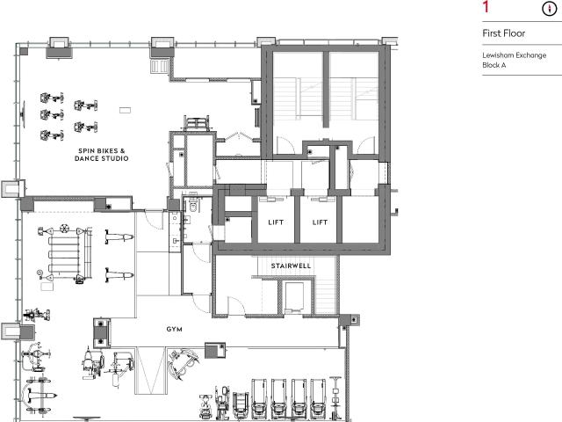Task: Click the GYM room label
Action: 174,329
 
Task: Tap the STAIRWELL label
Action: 291,266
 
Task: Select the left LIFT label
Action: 276,222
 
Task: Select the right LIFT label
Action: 320,222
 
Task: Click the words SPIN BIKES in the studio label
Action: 98,150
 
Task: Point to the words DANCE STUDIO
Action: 102,158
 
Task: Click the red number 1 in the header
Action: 486,7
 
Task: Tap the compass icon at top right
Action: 548,9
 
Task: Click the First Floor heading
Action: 503,33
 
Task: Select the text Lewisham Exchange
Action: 515,55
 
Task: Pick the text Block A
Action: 494,65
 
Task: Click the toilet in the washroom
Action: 193,206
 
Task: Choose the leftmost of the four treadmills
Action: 259,398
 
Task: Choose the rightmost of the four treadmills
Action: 318,398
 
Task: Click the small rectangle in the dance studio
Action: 125,110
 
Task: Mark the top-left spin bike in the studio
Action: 52,98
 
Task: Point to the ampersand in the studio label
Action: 123,150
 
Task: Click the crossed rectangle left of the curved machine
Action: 150,370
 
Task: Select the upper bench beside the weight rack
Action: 119,236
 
